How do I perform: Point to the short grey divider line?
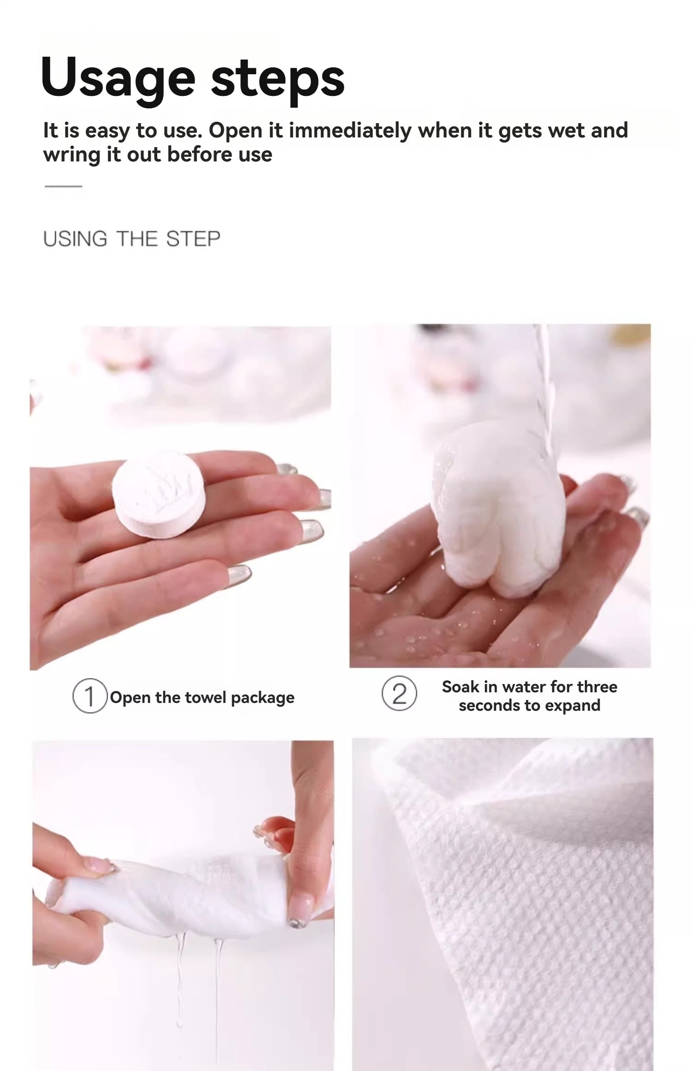63,186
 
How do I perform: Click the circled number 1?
90,696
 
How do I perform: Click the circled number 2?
399,694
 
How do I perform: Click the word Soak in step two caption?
460,687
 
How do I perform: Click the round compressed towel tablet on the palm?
158,494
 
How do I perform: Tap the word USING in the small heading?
75,239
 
